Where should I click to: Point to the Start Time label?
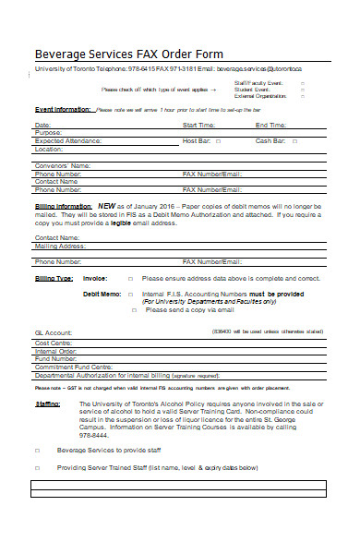click(199, 125)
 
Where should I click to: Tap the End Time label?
click(270, 125)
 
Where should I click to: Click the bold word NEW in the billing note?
click(106, 206)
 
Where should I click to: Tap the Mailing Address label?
click(58, 247)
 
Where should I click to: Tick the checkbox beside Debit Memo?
click(130, 294)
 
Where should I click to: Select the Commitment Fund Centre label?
click(73, 367)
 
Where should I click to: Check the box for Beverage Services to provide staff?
click(38, 451)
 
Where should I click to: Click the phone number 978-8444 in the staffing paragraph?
click(94, 436)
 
